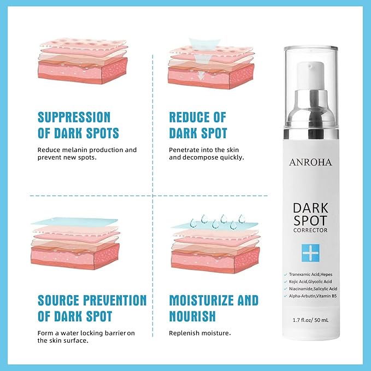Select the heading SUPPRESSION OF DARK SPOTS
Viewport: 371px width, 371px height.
click(x=78, y=125)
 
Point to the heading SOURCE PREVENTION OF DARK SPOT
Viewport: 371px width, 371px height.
click(x=92, y=308)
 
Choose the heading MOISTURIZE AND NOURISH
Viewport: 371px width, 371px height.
click(x=214, y=308)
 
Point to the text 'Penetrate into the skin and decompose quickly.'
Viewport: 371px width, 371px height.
click(x=206, y=153)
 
